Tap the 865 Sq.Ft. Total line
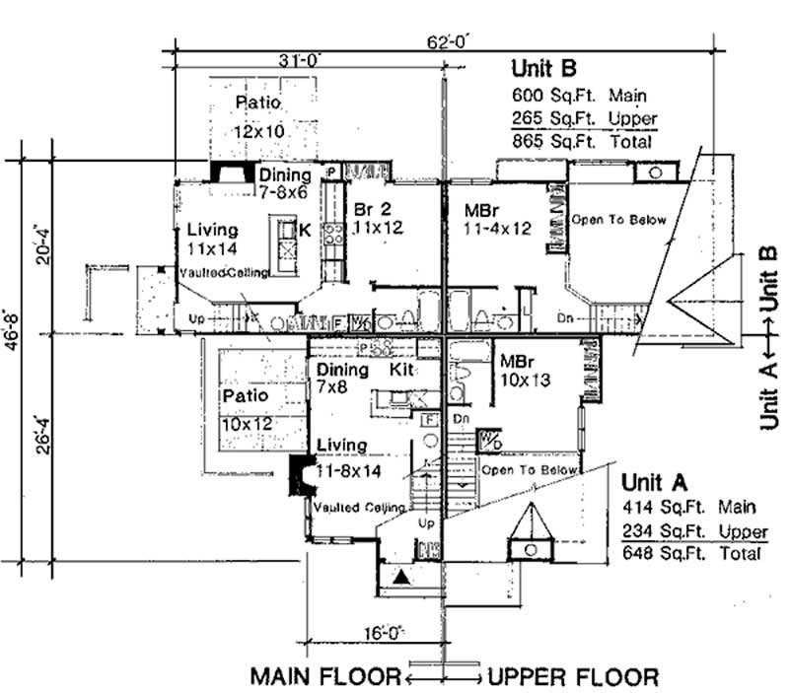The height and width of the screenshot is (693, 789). [x=582, y=142]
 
